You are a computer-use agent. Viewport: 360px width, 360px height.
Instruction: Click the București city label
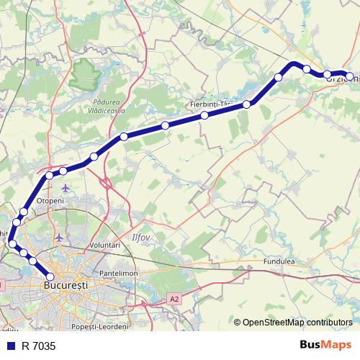tap(66, 286)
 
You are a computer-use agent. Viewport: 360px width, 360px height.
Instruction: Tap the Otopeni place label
tap(50, 200)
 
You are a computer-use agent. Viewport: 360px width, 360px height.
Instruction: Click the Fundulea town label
tap(279, 261)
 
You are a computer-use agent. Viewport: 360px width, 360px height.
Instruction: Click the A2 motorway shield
tap(174, 297)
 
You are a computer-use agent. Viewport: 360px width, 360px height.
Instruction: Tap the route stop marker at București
tap(50, 276)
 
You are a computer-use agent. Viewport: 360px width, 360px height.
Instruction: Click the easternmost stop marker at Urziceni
tap(350, 76)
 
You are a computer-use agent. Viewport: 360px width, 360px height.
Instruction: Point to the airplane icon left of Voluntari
tap(60, 236)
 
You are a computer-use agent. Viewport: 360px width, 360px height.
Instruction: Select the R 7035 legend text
tap(38, 346)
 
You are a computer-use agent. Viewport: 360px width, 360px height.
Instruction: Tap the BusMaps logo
tap(325, 345)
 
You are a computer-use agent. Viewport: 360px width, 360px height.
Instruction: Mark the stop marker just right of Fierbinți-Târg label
tap(247, 104)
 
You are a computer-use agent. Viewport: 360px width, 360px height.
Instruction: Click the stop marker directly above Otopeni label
tap(49, 175)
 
